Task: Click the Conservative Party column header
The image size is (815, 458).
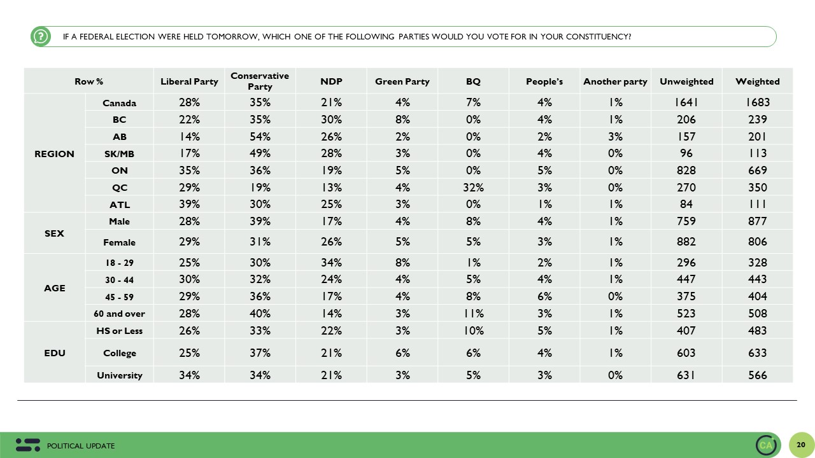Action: (260, 81)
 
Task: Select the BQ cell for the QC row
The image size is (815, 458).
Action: (473, 188)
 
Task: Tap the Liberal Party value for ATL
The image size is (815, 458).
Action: (189, 204)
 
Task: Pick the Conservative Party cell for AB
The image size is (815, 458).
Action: (260, 137)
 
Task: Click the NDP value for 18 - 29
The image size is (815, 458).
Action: (331, 263)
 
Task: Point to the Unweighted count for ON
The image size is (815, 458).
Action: (686, 170)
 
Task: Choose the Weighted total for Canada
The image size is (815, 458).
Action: (757, 102)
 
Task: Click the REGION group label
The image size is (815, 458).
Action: (54, 154)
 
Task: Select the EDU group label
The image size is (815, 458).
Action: (55, 353)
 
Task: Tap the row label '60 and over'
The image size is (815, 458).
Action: (119, 314)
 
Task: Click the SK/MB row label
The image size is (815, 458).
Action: (119, 154)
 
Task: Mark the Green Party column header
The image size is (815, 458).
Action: (402, 81)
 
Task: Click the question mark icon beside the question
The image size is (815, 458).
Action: (41, 37)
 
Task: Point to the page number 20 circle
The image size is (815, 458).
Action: (801, 445)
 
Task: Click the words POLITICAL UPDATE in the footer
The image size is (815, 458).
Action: (81, 446)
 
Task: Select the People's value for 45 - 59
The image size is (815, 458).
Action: (544, 297)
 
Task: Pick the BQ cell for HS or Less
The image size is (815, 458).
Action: (473, 331)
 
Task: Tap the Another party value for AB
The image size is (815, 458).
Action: (615, 137)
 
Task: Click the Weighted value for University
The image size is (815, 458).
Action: (757, 375)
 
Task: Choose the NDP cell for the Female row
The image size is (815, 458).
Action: (331, 242)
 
